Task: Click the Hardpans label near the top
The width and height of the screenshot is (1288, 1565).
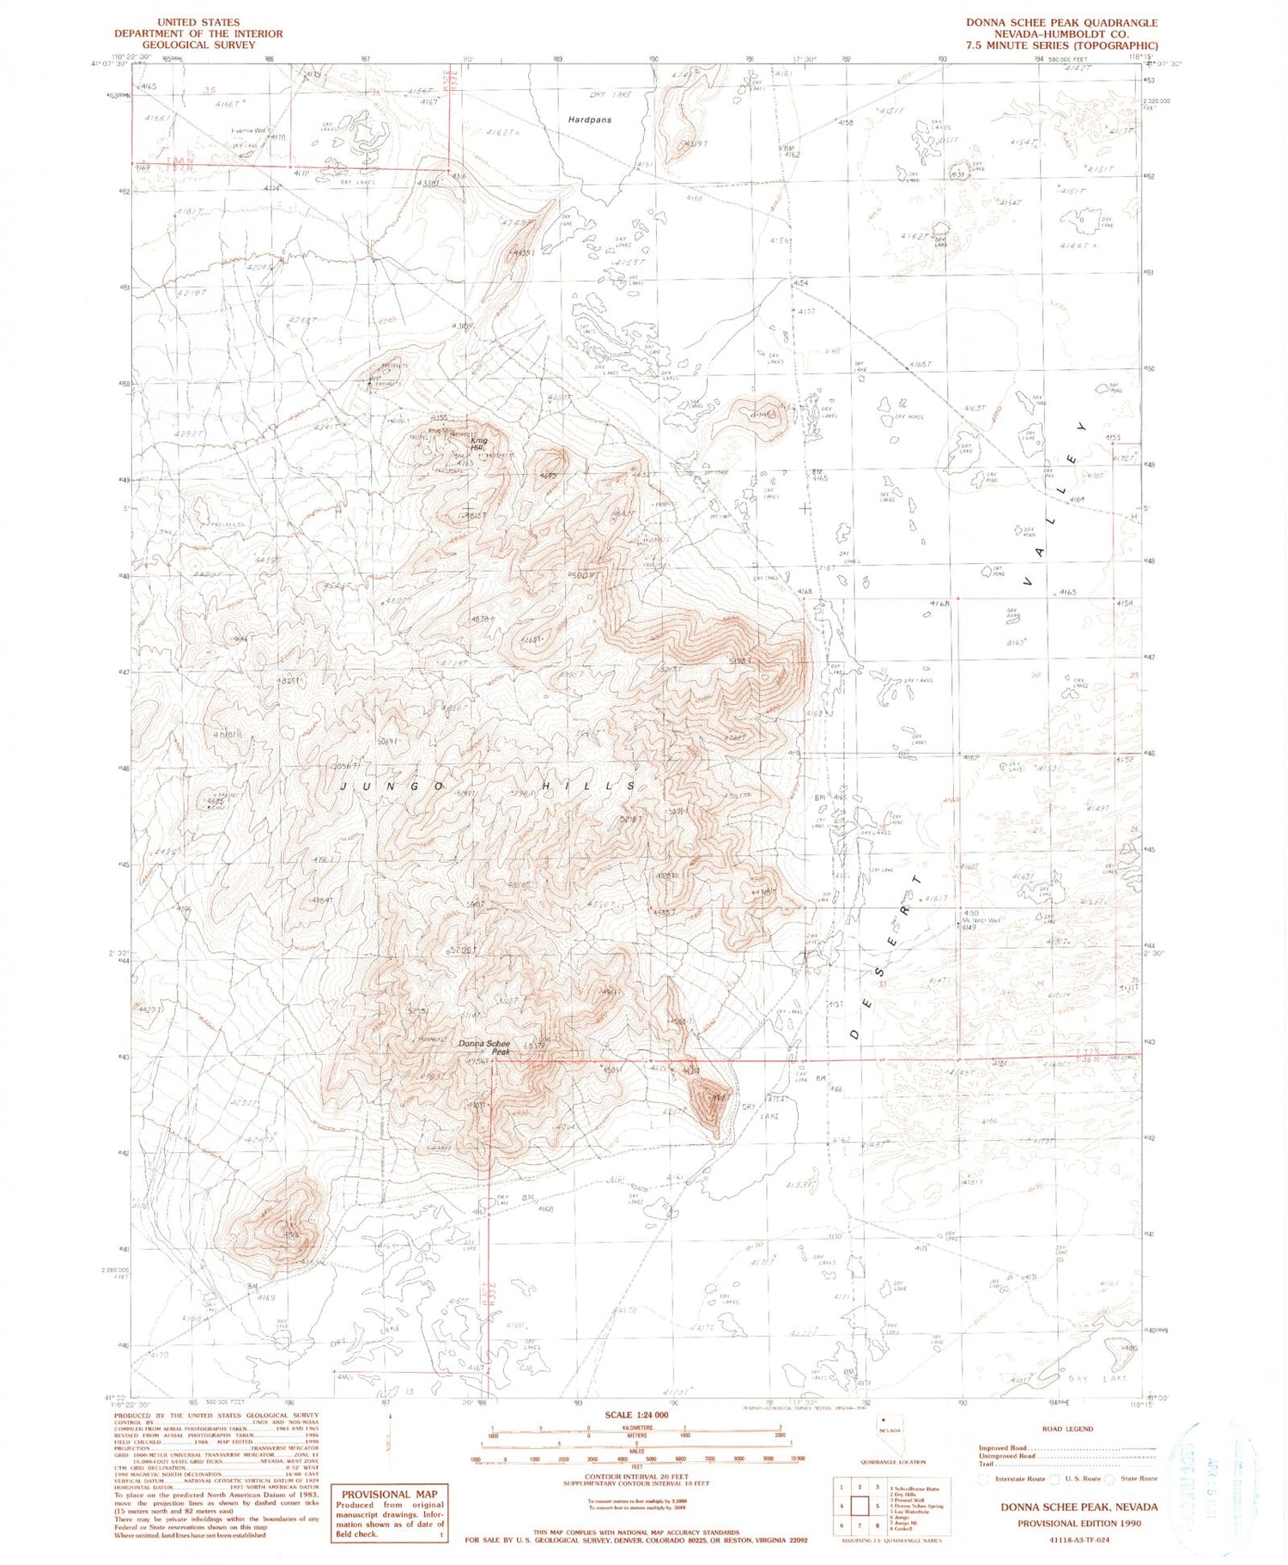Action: pyautogui.click(x=589, y=119)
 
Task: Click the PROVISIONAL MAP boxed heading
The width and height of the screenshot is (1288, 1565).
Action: pyautogui.click(x=390, y=1494)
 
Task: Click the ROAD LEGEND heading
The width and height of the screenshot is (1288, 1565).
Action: pyautogui.click(x=1067, y=1429)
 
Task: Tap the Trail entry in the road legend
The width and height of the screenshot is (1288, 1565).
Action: pyautogui.click(x=987, y=1464)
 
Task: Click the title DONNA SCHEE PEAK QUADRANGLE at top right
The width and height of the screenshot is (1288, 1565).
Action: pyautogui.click(x=1060, y=23)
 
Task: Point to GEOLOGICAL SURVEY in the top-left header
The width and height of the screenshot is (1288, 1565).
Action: pyautogui.click(x=198, y=45)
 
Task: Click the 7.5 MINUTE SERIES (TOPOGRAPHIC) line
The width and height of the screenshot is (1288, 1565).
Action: pyautogui.click(x=1060, y=45)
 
